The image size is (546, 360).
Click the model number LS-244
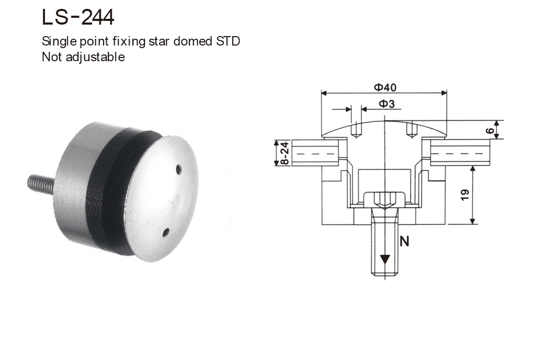click(x=78, y=17)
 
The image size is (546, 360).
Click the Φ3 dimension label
click(x=386, y=104)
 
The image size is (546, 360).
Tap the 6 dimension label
click(x=490, y=130)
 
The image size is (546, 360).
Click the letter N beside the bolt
click(x=404, y=241)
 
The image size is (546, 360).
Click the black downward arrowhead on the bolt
click(x=385, y=260)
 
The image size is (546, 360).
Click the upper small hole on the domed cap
click(x=179, y=168)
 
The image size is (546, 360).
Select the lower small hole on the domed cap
click(x=166, y=231)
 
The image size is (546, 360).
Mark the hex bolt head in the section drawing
click(x=385, y=199)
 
